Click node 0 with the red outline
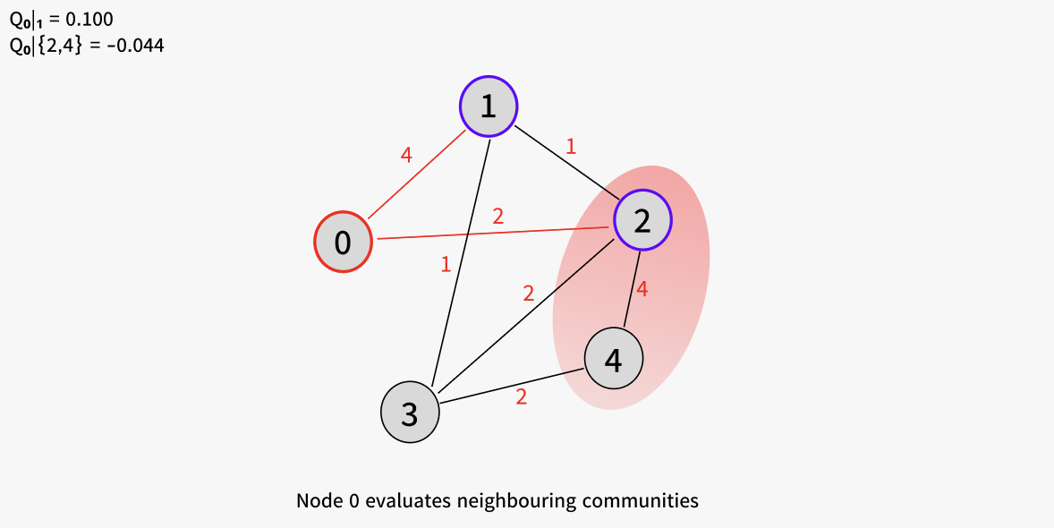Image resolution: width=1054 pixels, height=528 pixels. pos(343,243)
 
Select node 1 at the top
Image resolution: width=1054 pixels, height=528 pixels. pos(489,106)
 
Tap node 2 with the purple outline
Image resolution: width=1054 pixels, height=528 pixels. pos(642,221)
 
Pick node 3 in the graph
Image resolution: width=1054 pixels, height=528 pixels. pos(410,413)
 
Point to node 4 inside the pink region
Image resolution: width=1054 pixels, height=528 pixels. pos(614,359)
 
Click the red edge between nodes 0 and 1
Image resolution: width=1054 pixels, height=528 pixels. pos(417,175)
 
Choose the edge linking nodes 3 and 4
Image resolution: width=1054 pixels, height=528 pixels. pos(512,386)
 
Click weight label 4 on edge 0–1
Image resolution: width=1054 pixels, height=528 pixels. pos(405,155)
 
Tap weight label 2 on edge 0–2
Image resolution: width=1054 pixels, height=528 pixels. pos(498,217)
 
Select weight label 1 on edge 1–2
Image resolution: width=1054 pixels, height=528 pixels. pos(571,147)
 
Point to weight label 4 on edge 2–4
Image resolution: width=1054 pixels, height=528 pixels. pos(642,289)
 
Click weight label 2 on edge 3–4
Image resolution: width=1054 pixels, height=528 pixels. pos(521,396)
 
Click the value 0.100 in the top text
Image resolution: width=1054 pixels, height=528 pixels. pos(89,20)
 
